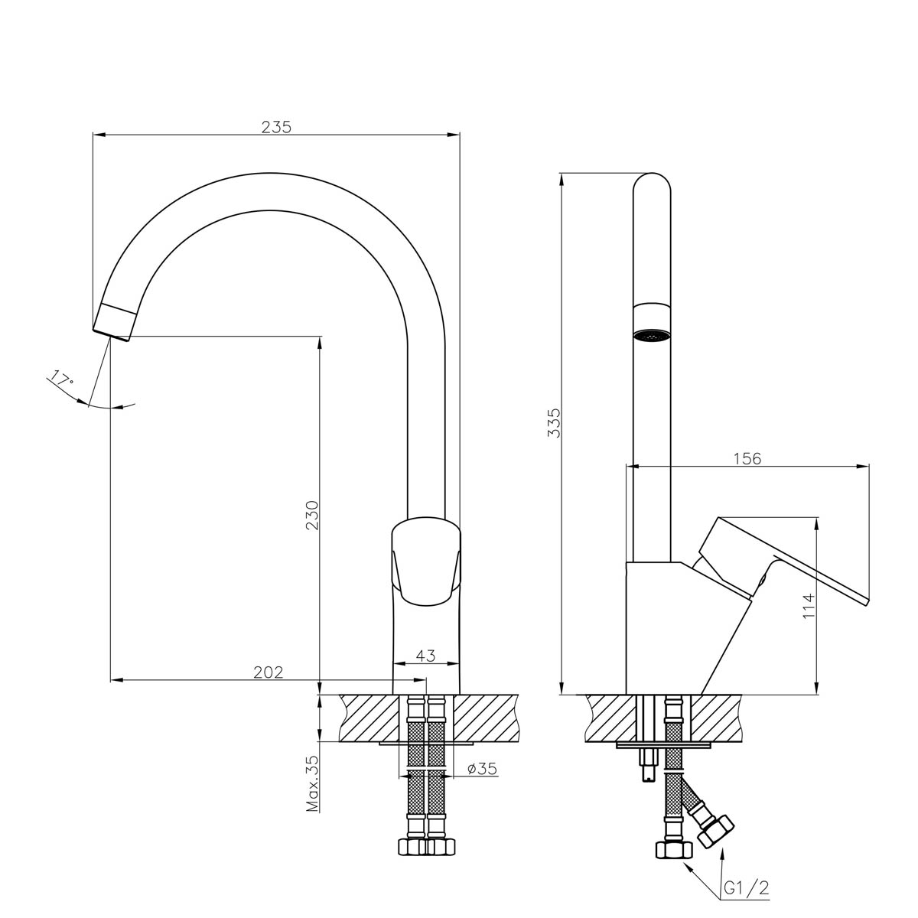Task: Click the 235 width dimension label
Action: point(276,127)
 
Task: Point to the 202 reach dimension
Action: point(269,672)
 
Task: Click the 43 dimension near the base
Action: point(426,656)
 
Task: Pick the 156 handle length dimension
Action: point(747,458)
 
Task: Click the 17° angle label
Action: point(61,379)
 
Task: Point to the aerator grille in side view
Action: point(652,334)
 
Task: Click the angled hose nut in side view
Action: point(715,830)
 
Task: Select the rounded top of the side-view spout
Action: point(652,184)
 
